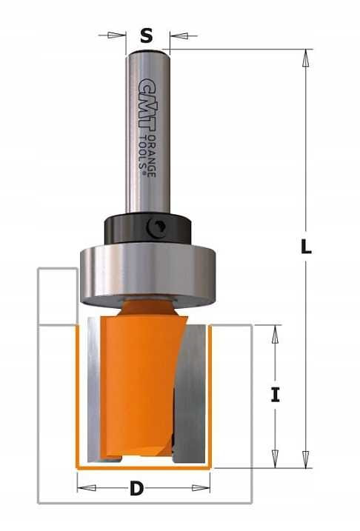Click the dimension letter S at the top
(x=147, y=36)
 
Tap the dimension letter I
(x=276, y=395)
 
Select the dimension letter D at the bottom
(x=136, y=489)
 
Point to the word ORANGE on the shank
(x=152, y=156)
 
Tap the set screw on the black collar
(x=156, y=228)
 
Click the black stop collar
(x=148, y=229)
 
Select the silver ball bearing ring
(x=147, y=274)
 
